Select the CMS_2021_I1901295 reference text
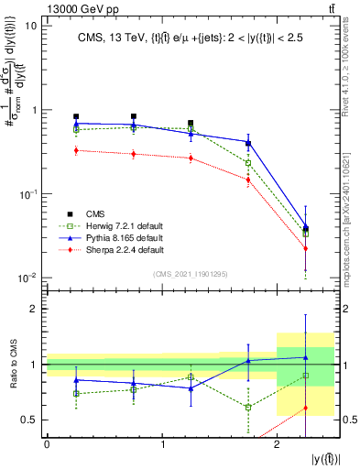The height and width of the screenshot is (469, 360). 190,275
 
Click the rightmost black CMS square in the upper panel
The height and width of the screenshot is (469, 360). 305,228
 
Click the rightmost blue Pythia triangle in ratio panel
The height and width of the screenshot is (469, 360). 305,357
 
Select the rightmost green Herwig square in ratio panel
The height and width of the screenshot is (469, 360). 305,376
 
